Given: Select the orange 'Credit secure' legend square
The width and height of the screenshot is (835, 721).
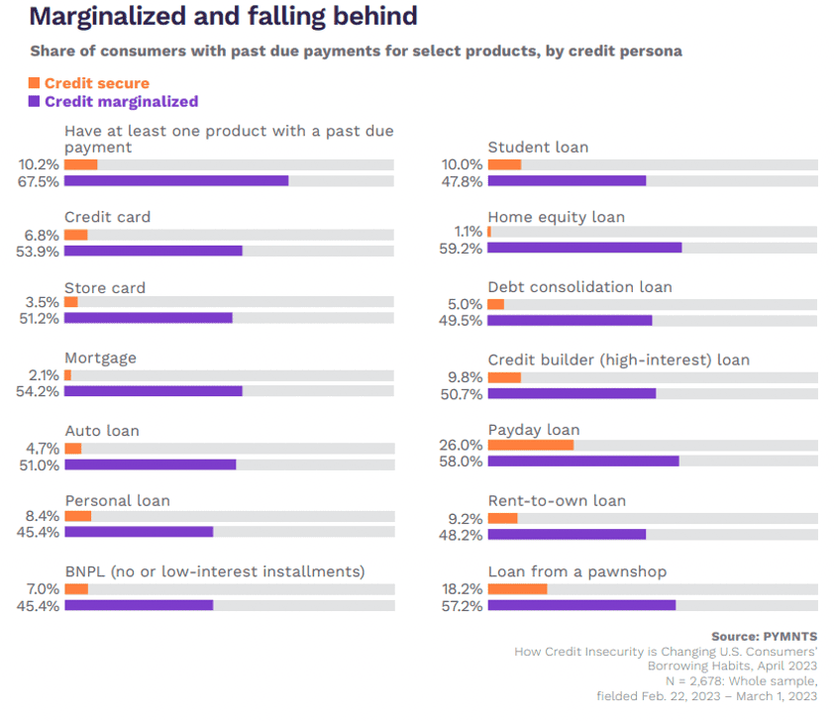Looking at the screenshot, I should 35,83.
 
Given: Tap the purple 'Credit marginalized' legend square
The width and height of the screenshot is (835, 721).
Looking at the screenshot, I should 35,101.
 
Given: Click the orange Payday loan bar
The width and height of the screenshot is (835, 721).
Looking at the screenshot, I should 530,445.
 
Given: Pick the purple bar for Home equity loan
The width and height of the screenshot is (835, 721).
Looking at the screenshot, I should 584,248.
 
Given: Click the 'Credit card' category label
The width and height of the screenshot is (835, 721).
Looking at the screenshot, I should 107,217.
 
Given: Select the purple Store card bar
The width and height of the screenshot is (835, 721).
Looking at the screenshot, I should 148,318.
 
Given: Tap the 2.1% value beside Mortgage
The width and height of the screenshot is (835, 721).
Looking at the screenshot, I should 45,375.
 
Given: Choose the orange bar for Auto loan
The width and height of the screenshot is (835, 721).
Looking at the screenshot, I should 72,448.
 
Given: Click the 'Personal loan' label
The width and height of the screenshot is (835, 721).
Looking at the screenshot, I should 117,500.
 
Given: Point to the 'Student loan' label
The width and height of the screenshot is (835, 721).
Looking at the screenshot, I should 538,147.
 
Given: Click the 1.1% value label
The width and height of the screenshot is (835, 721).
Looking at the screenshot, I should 468,232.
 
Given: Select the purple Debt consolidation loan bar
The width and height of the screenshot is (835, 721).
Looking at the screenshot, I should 570,320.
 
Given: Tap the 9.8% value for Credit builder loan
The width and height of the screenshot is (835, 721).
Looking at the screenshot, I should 466,376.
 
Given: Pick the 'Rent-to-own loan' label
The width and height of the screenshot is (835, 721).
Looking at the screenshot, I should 557,500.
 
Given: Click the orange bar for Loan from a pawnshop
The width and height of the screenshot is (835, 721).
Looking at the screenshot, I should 517,588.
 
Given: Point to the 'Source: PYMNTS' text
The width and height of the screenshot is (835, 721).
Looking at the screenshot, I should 764,635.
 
